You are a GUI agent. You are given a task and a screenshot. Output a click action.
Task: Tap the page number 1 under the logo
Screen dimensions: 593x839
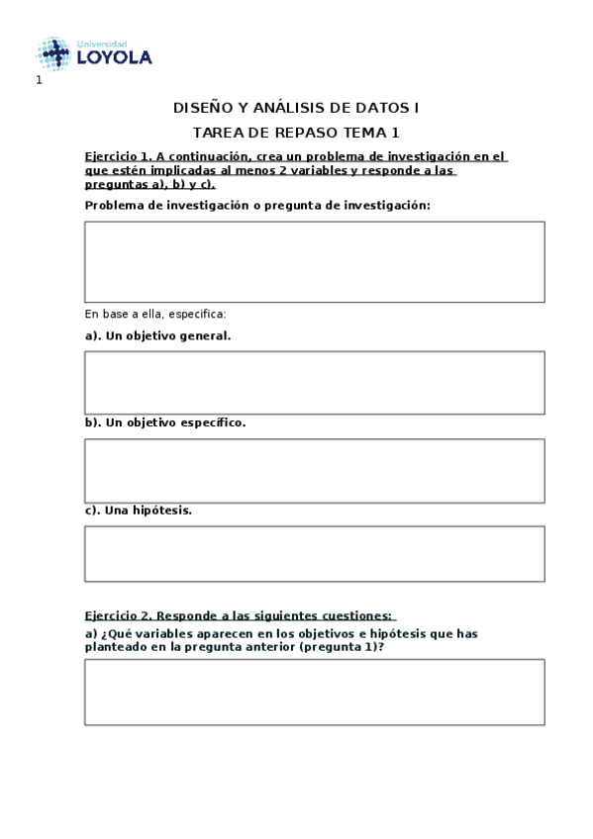[39, 80]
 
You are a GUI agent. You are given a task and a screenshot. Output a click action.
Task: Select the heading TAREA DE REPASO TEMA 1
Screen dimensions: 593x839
[296, 132]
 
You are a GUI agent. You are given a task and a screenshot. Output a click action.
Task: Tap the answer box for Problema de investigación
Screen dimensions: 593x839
[314, 261]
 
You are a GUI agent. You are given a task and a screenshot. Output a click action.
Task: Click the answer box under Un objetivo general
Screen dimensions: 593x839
[314, 382]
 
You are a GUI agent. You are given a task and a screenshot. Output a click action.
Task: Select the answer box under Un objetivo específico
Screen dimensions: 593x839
[314, 470]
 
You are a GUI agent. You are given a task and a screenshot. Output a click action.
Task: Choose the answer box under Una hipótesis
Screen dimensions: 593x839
[314, 553]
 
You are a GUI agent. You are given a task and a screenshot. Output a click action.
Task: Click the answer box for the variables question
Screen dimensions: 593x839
[314, 692]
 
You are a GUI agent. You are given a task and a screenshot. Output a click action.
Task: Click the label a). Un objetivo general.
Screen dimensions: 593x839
[157, 335]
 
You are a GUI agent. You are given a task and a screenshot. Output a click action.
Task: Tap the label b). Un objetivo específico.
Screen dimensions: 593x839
[165, 422]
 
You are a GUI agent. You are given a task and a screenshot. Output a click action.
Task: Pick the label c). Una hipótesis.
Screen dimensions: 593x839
[139, 511]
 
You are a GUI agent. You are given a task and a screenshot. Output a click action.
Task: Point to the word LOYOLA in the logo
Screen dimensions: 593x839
[114, 58]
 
